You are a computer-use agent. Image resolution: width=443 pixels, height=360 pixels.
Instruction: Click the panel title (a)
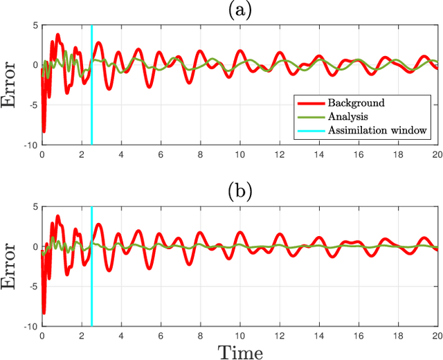tap(239, 10)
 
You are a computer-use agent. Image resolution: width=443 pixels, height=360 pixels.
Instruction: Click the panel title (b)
tap(239, 191)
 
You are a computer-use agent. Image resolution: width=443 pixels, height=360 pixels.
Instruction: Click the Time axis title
tap(240, 352)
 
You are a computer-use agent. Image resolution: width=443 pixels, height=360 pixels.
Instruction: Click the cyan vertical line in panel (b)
tap(91, 277)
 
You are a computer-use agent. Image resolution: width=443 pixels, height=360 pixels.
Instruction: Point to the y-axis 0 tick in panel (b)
tap(35, 246)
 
